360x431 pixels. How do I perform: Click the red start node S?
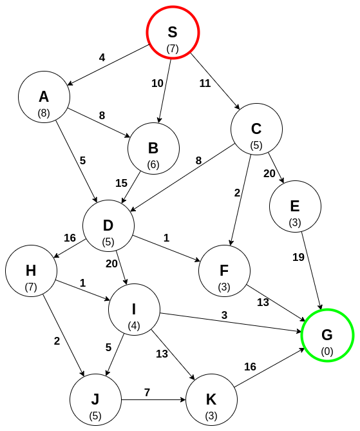(173, 33)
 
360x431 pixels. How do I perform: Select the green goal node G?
(327, 336)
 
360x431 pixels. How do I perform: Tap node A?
(44, 97)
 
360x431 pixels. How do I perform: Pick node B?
(153, 149)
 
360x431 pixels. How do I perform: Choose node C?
(256, 129)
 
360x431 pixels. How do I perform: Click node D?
(108, 226)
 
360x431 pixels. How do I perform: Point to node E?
(295, 207)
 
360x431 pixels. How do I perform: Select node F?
(224, 271)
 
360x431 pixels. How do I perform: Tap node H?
(31, 271)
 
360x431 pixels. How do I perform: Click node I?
(134, 310)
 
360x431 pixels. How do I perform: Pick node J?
(95, 400)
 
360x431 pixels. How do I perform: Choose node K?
(211, 400)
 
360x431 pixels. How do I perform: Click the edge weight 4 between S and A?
(102, 57)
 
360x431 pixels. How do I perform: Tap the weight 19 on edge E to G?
(298, 257)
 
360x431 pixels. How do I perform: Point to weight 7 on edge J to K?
(147, 392)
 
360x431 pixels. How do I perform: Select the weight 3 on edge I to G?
(224, 314)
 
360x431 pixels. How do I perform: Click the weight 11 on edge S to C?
(205, 83)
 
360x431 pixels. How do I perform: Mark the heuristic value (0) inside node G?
(327, 351)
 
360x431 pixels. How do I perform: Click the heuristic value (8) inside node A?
(44, 113)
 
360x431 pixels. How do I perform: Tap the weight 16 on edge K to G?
(250, 367)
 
